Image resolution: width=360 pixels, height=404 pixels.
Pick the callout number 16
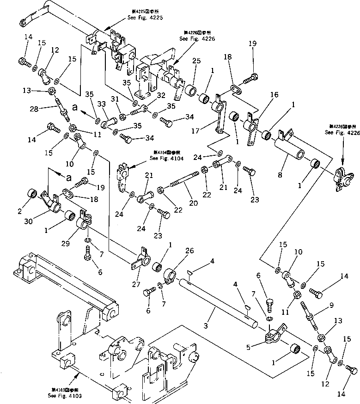(274, 94)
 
